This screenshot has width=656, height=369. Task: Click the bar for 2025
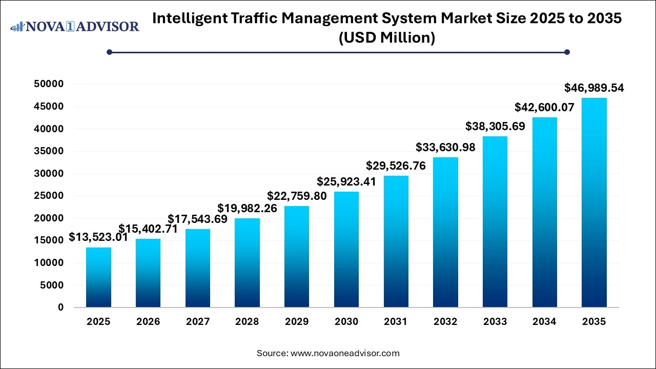[x=98, y=277]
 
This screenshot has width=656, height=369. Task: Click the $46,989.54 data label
[x=594, y=88]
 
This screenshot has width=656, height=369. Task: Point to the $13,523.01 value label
[x=98, y=238]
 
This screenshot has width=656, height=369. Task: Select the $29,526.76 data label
[x=396, y=166]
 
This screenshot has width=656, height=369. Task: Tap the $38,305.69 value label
[x=495, y=126]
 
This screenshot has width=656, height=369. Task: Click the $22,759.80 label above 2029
[x=297, y=196]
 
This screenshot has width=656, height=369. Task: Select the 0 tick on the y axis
[x=60, y=307]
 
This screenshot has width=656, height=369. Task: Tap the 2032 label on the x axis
[x=445, y=322]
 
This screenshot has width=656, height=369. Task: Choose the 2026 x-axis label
[x=148, y=322]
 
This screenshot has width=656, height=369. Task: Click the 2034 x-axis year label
[x=544, y=322]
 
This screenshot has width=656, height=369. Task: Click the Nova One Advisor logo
[x=75, y=27]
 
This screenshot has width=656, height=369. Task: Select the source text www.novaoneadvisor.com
[x=345, y=353]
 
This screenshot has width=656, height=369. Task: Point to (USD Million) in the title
[x=387, y=38]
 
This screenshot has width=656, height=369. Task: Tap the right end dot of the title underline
[x=567, y=52]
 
